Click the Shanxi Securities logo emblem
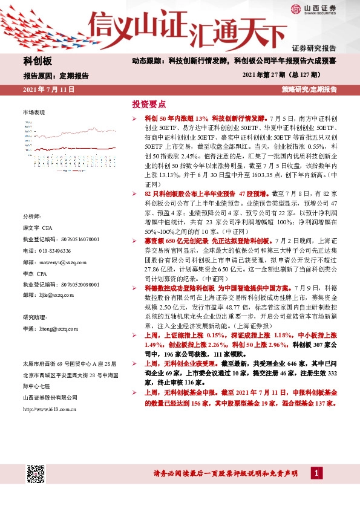pyautogui.click(x=295, y=9)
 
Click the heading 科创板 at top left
pyautogui.click(x=38, y=61)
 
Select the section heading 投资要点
pyautogui.click(x=149, y=105)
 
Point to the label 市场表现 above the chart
pyautogui.click(x=33, y=113)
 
